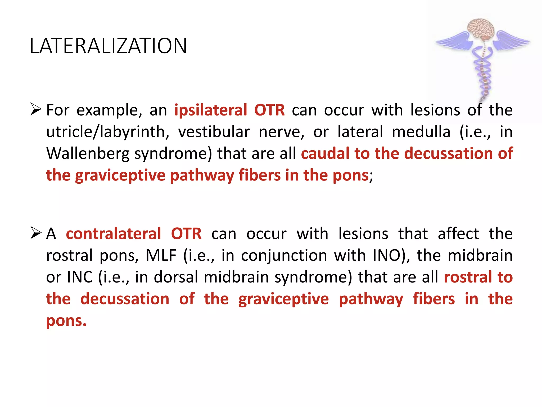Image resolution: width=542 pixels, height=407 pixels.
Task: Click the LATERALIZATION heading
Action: tap(108, 46)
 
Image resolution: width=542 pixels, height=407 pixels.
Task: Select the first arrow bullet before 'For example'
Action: tap(36, 109)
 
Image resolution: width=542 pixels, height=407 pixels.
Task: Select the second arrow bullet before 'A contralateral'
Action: tap(36, 233)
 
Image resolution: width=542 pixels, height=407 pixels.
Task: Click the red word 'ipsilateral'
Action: tap(211, 110)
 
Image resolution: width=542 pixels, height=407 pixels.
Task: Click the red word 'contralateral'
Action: tap(113, 234)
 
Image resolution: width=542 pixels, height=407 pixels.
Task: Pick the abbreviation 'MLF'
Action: tap(161, 255)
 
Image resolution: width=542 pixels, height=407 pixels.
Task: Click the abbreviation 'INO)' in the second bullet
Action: tap(391, 255)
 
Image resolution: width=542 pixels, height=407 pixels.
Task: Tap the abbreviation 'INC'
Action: tap(80, 277)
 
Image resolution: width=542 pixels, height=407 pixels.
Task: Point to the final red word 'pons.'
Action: tap(66, 321)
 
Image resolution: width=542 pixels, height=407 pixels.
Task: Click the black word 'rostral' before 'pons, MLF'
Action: tap(69, 255)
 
